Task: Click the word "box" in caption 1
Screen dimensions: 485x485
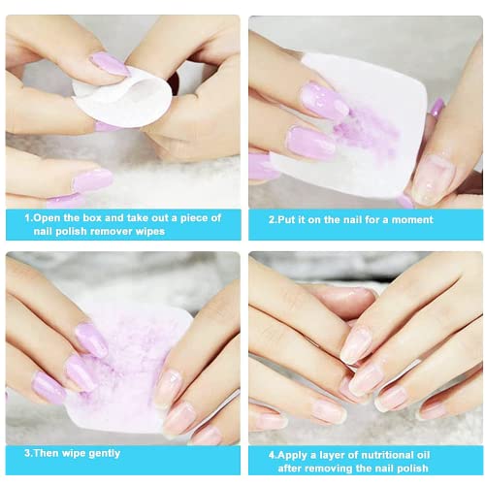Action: tap(92, 217)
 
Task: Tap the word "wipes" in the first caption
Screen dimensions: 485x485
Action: tap(150, 232)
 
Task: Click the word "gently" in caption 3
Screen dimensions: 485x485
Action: tap(104, 454)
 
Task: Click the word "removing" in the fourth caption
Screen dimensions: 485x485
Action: tap(330, 469)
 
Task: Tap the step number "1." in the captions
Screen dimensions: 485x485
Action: tap(29, 217)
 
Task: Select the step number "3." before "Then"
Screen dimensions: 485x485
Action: tap(28, 453)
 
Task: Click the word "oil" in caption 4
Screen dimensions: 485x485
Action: tap(423, 455)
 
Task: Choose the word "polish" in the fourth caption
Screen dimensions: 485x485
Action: tap(411, 469)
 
